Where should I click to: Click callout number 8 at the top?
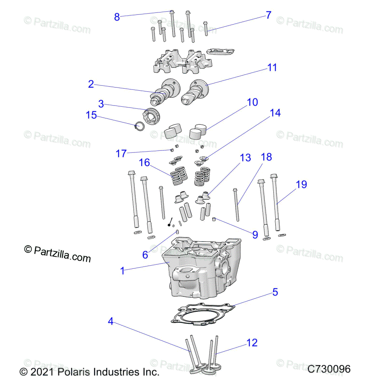pyautogui.click(x=117, y=17)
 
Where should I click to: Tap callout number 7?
pyautogui.click(x=268, y=15)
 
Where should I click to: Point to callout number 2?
pyautogui.click(x=91, y=84)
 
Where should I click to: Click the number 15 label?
pyautogui.click(x=92, y=115)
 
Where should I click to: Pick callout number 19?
pyautogui.click(x=301, y=184)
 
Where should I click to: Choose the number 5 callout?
pyautogui.click(x=275, y=292)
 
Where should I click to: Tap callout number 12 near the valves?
pyautogui.click(x=252, y=343)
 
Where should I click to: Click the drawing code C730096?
pyautogui.click(x=329, y=369)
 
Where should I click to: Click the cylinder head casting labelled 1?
pyautogui.click(x=196, y=271)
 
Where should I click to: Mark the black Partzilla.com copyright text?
pyautogui.click(x=58, y=253)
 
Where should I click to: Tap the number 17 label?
pyautogui.click(x=121, y=153)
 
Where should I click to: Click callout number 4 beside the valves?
pyautogui.click(x=110, y=321)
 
